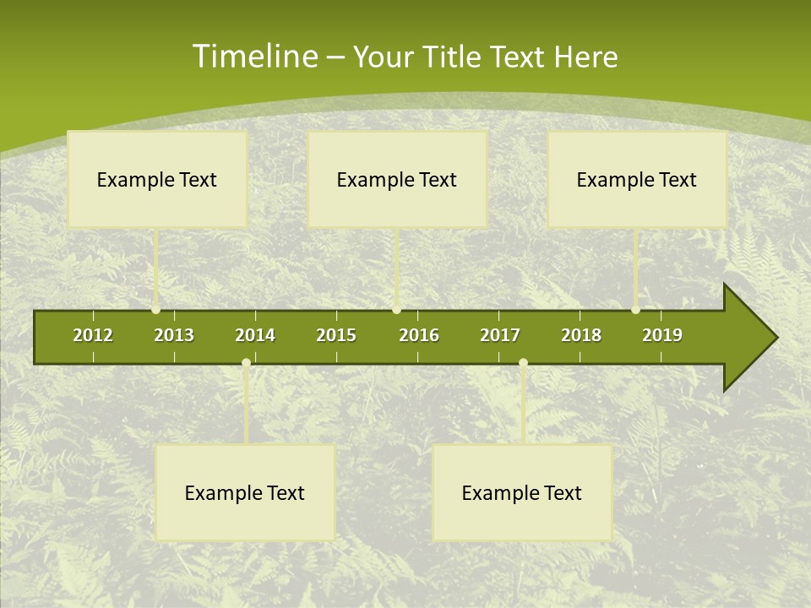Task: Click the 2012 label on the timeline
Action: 93,335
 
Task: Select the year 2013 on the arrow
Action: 174,335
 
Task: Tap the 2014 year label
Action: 255,335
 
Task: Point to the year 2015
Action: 336,335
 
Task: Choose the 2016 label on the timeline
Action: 419,335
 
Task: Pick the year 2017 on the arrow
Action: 500,335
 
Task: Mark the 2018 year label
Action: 581,335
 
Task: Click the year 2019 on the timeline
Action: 662,335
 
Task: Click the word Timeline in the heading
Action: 254,57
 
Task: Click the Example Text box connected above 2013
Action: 157,179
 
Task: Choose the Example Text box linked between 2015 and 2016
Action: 397,179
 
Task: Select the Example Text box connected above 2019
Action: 637,179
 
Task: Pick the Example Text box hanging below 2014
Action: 245,492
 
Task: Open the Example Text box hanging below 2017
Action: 522,492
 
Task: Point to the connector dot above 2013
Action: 156,310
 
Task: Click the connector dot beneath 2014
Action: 246,363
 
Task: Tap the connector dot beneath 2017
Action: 523,363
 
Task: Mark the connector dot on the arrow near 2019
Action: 636,310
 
